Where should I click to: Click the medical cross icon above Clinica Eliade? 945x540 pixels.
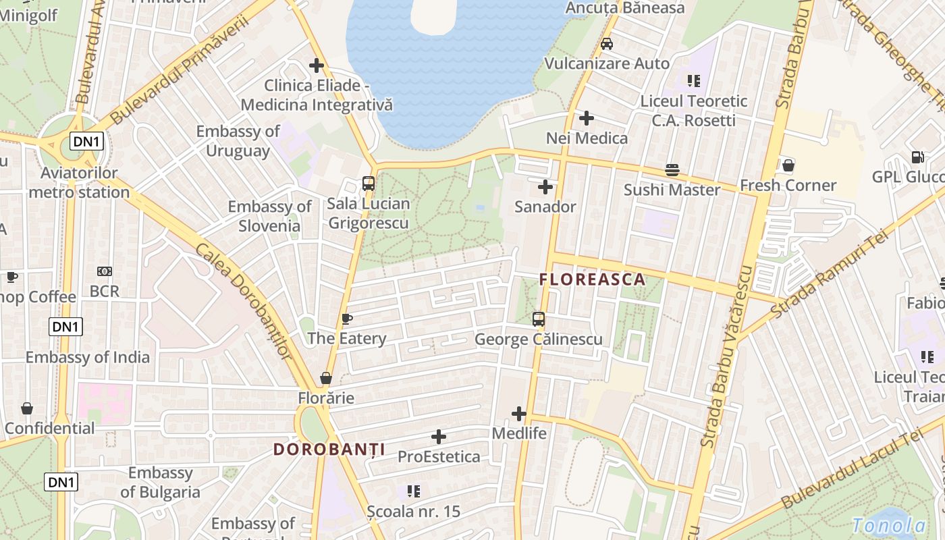(316, 65)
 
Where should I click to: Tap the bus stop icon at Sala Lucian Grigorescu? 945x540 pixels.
(369, 183)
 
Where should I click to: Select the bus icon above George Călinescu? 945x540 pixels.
(538, 319)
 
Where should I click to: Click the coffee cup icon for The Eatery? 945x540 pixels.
(347, 319)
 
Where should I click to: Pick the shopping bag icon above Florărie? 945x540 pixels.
(326, 378)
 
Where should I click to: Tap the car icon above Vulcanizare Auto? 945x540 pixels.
(606, 44)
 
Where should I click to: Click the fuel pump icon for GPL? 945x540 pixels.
(917, 157)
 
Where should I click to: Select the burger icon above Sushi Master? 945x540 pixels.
(672, 170)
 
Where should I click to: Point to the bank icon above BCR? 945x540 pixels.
(105, 271)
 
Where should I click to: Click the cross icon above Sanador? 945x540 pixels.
(545, 187)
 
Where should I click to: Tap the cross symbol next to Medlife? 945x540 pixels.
(518, 413)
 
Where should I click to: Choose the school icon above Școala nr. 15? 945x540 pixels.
(413, 491)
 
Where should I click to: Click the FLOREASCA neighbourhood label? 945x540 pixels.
(592, 279)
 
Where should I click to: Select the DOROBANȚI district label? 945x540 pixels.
(329, 450)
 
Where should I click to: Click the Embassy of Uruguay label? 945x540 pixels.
(238, 141)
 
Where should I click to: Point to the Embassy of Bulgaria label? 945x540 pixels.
(160, 483)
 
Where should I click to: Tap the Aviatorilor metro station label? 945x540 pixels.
(80, 183)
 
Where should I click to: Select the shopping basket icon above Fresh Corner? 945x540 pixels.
(788, 165)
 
